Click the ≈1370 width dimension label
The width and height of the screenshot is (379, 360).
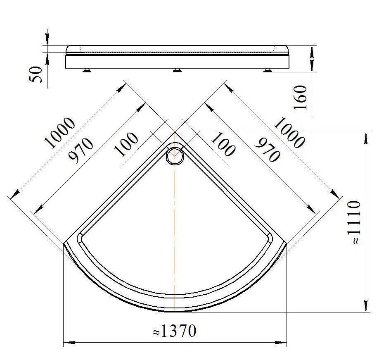click(175, 331)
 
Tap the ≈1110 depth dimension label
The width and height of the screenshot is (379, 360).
click(354, 222)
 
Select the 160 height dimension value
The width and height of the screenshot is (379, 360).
click(300, 97)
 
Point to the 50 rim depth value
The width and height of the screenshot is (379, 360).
click(36, 74)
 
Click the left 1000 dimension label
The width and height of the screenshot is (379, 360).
click(60, 132)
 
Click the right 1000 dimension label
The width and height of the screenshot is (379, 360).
click(289, 133)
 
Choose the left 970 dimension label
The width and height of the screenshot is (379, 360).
click(81, 150)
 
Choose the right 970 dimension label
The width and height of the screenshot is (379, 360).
click(268, 150)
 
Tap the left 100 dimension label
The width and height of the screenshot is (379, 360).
click(126, 144)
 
